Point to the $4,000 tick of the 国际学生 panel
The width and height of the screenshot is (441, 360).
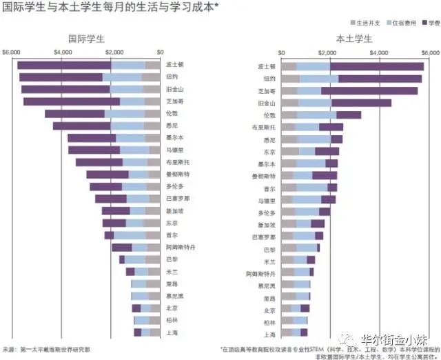coord(63,52)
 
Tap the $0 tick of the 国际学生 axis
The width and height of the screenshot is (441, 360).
coord(160,52)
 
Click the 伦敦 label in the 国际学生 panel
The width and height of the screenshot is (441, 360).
coord(172,113)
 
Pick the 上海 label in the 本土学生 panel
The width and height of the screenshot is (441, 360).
coord(269,334)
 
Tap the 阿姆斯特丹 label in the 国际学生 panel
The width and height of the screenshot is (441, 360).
coord(181,247)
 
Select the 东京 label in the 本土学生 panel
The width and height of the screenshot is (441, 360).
coord(269,152)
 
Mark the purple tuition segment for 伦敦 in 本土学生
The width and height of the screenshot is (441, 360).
coord(349,114)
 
